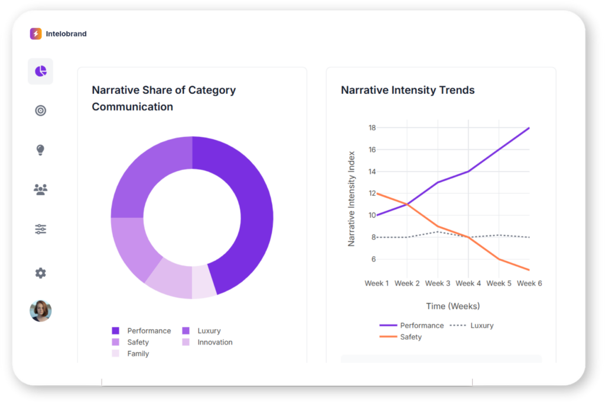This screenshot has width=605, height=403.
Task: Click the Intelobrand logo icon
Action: click(36, 34)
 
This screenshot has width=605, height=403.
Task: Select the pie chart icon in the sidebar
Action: click(40, 71)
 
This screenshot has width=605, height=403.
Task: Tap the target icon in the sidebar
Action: click(40, 110)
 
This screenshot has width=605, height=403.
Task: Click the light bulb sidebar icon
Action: click(40, 150)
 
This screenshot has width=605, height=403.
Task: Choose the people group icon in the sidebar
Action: click(40, 189)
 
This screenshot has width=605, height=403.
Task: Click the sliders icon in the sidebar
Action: click(40, 229)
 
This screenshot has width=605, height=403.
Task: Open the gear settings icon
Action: click(40, 273)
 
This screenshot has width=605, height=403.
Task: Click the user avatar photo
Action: click(40, 311)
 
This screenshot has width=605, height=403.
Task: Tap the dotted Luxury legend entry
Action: click(471, 326)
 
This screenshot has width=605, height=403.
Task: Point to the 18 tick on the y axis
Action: click(372, 128)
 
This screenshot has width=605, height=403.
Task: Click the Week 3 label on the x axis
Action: click(438, 284)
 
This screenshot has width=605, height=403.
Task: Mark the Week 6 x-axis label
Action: click(529, 284)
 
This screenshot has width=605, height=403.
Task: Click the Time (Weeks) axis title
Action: click(453, 306)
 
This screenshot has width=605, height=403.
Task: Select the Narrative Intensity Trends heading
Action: click(408, 90)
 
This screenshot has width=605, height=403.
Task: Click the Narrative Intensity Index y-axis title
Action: click(352, 198)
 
